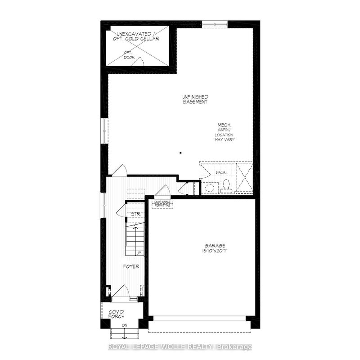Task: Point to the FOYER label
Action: coord(131,266)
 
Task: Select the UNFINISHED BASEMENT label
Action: coord(195,99)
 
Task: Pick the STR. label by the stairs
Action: coord(135,214)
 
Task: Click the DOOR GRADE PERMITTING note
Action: coord(162,204)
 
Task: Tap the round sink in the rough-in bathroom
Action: coord(209,187)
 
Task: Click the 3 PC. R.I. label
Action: coord(222,172)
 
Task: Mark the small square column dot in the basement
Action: coord(180,153)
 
